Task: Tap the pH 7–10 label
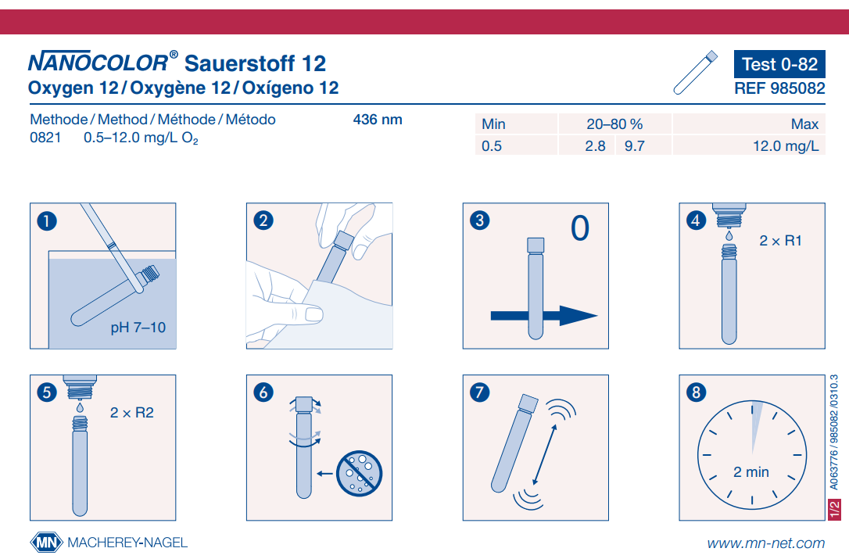[138, 327]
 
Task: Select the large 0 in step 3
[579, 228]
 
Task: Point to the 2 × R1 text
[780, 241]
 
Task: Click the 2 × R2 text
[132, 412]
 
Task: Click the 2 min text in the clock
[750, 471]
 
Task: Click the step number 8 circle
[696, 392]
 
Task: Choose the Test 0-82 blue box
[779, 64]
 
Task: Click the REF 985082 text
[779, 89]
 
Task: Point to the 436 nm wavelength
[378, 120]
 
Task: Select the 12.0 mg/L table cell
[785, 145]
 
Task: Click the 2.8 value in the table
[595, 145]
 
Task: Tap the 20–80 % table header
[614, 124]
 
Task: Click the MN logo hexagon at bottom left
[45, 543]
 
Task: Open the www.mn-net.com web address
[765, 543]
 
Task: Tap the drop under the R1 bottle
[728, 235]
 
